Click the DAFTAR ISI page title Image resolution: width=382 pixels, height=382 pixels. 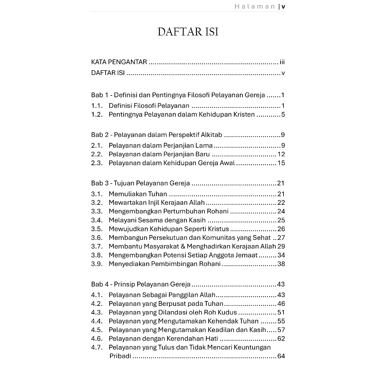[x=188, y=32]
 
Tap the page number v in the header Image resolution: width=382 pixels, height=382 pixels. [x=284, y=6]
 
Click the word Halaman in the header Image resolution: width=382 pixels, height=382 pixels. [x=255, y=6]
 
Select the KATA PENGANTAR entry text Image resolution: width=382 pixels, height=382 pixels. [x=119, y=62]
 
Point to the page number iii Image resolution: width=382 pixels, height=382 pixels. [x=282, y=62]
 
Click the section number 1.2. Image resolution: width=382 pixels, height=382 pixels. [x=97, y=115]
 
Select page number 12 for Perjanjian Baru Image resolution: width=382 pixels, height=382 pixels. [x=281, y=154]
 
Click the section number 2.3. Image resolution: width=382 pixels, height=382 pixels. [x=97, y=163]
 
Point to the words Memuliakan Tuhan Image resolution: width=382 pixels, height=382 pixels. [x=138, y=194]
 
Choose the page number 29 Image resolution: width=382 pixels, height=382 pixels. [x=281, y=246]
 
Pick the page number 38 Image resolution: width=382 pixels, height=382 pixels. [x=281, y=264]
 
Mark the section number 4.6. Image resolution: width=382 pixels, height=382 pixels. [x=97, y=339]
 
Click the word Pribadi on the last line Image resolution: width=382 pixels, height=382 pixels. [x=120, y=356]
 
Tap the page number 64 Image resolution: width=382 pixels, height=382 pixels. [x=281, y=356]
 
